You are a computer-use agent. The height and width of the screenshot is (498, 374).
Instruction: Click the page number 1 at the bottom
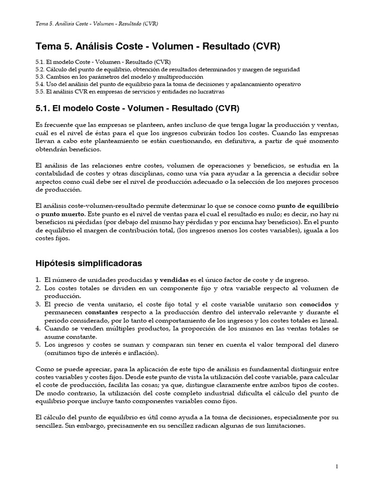[337, 467]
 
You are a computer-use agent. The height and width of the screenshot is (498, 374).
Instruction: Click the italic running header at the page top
[97, 23]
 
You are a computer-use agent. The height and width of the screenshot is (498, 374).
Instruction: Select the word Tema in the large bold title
[48, 47]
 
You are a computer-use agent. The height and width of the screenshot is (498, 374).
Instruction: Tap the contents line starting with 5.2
[168, 70]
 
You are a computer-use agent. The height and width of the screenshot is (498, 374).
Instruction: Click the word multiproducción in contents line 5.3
[180, 77]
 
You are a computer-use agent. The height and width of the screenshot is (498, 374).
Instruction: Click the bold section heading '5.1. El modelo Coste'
[138, 108]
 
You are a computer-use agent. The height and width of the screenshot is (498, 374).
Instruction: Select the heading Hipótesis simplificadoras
[89, 263]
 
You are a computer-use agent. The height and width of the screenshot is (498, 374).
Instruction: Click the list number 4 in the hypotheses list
[38, 329]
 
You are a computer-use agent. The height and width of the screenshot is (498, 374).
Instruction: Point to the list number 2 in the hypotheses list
[38, 288]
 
